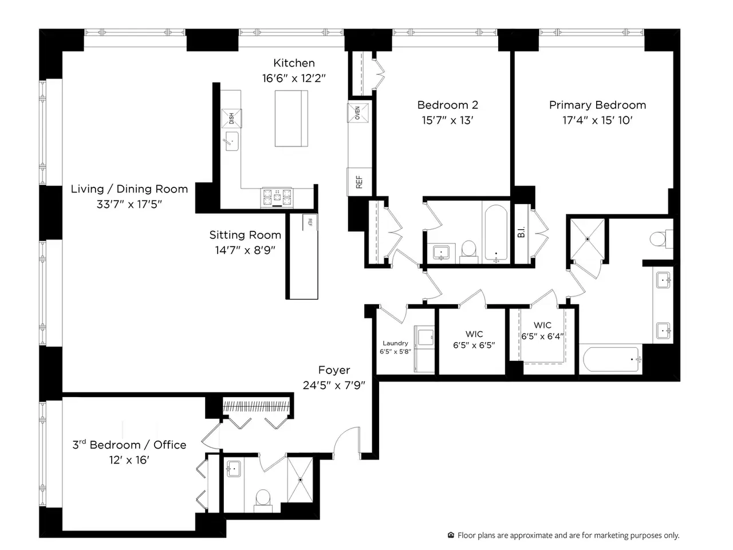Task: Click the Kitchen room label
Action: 294,63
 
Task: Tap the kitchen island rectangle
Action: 291,118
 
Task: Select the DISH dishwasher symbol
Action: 231,118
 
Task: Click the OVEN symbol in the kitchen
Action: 358,113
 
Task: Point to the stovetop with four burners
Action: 277,197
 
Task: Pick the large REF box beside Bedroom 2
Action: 359,182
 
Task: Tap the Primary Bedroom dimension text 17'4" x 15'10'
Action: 597,120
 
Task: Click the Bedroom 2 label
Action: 447,105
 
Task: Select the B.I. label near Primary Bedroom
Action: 521,232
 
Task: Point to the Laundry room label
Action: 395,343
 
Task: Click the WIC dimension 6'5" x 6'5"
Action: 474,345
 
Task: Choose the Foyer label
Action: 334,370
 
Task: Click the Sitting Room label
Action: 245,235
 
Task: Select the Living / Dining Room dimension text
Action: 129,204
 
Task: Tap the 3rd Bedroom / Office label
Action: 129,445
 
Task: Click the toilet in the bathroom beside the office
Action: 263,500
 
